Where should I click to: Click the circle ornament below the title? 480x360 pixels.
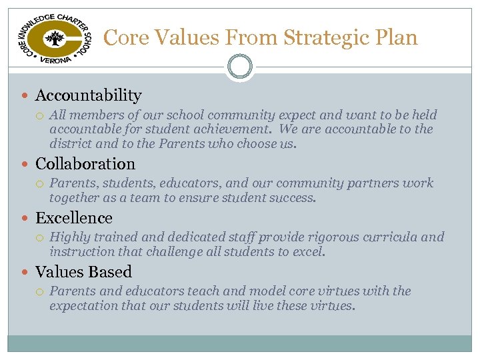coord(240,67)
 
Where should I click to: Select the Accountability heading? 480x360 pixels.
coord(88,96)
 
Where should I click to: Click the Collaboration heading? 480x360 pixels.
coord(85,164)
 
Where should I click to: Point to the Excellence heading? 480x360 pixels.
coord(73,218)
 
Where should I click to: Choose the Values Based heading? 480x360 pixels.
coord(83,272)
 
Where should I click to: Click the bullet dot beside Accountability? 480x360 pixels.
coord(27,97)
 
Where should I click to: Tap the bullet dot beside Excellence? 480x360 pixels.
coord(27,219)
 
